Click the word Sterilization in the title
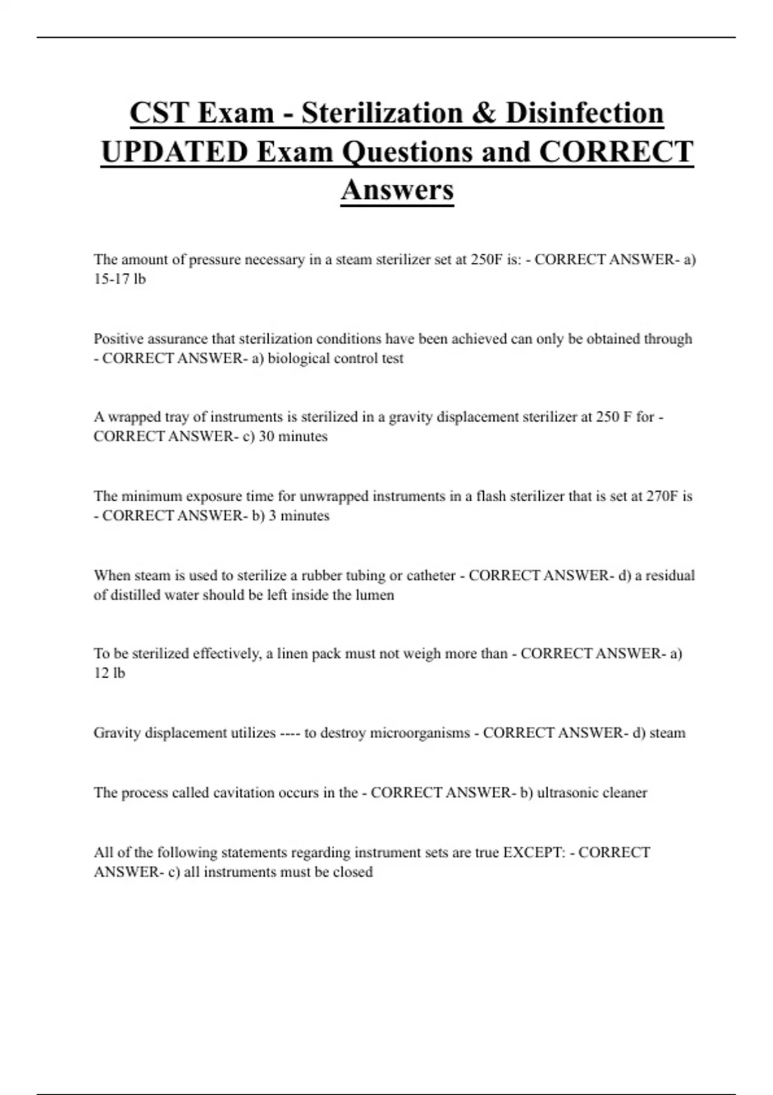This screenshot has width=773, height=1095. pos(381,113)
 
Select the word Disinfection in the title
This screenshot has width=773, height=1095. pos(584,113)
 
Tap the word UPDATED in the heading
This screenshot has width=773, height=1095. pos(174,153)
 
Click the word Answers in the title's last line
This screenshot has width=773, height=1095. pos(397,190)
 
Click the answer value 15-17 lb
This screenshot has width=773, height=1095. pos(120,279)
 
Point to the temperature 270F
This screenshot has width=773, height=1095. pos(662,496)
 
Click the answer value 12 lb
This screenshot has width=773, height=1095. pos(110,673)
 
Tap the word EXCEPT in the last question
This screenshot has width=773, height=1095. pos(534,853)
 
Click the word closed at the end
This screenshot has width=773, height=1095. pos(353,872)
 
